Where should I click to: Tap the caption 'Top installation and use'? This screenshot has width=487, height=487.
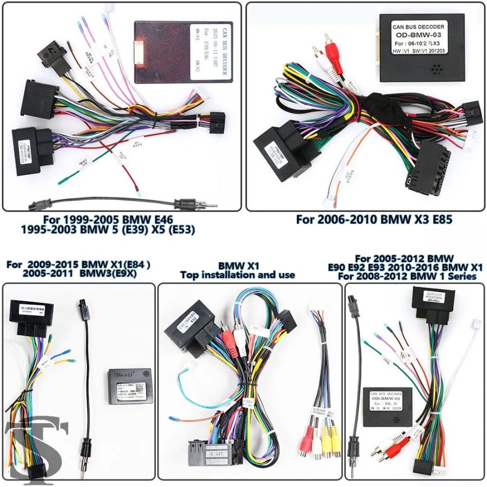pos(238,275)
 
